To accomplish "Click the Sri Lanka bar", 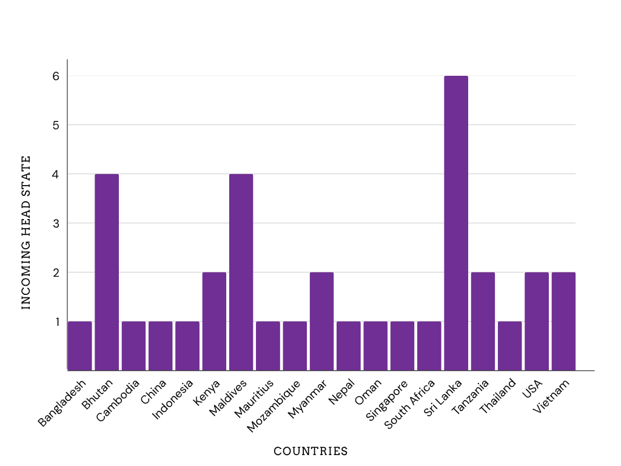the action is pyautogui.click(x=456, y=223).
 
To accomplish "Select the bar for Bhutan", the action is pyautogui.click(x=107, y=272).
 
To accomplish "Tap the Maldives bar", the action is pyautogui.click(x=241, y=272).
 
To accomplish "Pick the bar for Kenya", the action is pyautogui.click(x=214, y=322).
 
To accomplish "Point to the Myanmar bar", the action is pyautogui.click(x=321, y=322).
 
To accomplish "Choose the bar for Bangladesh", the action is pyautogui.click(x=80, y=346).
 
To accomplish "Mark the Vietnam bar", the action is pyautogui.click(x=563, y=322).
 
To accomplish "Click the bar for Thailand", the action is pyautogui.click(x=509, y=346).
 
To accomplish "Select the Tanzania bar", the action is pyautogui.click(x=483, y=322).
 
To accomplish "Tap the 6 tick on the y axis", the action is pyautogui.click(x=56, y=76).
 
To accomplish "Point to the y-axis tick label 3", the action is pyautogui.click(x=56, y=223).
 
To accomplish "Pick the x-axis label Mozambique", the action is pyautogui.click(x=274, y=406).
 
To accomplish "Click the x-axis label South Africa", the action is pyautogui.click(x=410, y=404).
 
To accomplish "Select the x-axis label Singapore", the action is pyautogui.click(x=386, y=400).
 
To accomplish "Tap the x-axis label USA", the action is pyautogui.click(x=532, y=389).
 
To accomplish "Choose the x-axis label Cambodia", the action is pyautogui.click(x=118, y=400).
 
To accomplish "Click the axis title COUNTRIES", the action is pyautogui.click(x=310, y=451).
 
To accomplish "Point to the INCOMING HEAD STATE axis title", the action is pyautogui.click(x=25, y=232).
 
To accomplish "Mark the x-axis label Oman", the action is pyautogui.click(x=368, y=392).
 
